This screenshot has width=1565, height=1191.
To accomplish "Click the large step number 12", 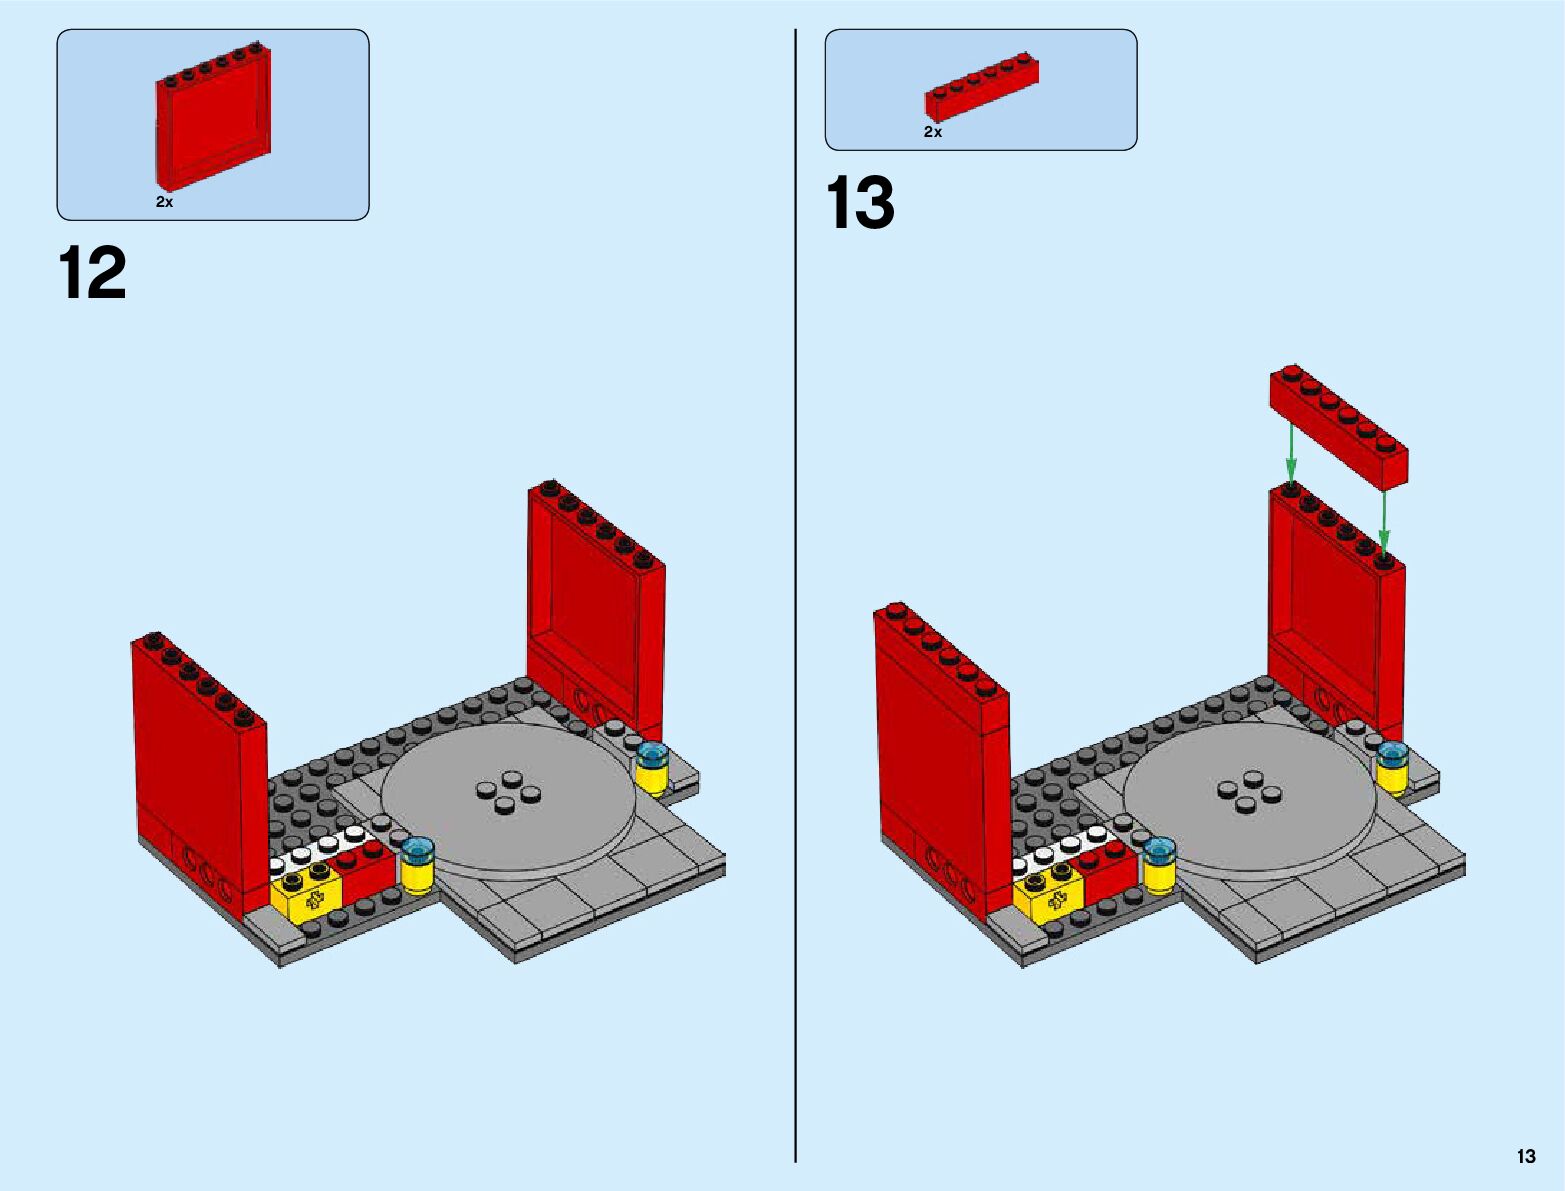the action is [x=92, y=273].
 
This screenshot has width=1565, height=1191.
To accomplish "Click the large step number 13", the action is [x=860, y=203].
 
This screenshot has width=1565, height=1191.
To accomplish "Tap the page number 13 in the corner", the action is [x=1526, y=1155].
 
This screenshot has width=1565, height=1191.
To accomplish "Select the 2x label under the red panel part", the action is [x=165, y=202].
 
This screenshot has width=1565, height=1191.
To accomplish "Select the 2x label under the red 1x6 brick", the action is [x=933, y=132].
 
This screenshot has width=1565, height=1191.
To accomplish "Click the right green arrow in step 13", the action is [x=1384, y=525].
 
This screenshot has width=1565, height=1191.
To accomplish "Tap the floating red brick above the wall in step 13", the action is [x=1338, y=427].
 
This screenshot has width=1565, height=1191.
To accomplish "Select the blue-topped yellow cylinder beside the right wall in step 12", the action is [x=651, y=768].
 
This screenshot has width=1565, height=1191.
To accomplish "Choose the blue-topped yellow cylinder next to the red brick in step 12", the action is [x=417, y=866].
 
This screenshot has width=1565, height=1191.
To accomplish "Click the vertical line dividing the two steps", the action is [x=796, y=595].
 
